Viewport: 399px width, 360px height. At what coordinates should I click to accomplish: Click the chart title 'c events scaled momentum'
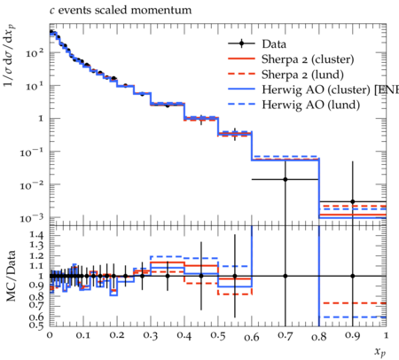(x=121, y=11)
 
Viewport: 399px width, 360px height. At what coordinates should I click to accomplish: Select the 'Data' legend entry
(x=274, y=44)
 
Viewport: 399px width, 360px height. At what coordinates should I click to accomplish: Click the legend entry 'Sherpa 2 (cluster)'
(x=308, y=59)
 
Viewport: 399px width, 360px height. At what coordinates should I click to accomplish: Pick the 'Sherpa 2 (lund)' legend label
(x=302, y=74)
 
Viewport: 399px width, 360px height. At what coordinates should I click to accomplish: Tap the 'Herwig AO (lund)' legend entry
(x=310, y=105)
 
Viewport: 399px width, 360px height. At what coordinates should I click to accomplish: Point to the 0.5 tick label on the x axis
(x=218, y=336)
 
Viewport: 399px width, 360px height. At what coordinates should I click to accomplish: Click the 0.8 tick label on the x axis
(x=319, y=336)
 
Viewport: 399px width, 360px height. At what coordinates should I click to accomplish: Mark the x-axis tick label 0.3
(x=151, y=336)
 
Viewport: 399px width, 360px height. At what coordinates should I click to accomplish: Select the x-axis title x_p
(x=380, y=352)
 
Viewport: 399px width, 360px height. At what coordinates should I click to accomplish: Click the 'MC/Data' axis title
(x=11, y=276)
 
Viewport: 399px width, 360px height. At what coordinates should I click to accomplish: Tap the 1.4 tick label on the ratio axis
(x=36, y=236)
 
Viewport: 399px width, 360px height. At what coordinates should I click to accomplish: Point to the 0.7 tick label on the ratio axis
(x=36, y=304)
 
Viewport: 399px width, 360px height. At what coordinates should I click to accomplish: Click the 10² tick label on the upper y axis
(x=35, y=53)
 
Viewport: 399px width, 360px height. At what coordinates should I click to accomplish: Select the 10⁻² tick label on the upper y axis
(x=32, y=184)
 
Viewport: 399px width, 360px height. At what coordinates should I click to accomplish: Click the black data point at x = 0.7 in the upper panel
(x=286, y=179)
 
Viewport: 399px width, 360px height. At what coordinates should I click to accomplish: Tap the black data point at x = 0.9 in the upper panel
(x=353, y=201)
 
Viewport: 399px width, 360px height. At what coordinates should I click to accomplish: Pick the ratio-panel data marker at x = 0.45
(x=201, y=276)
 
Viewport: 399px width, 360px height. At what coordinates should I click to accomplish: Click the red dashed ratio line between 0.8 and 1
(x=353, y=303)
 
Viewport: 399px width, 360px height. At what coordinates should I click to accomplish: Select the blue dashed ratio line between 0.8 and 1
(x=353, y=317)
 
